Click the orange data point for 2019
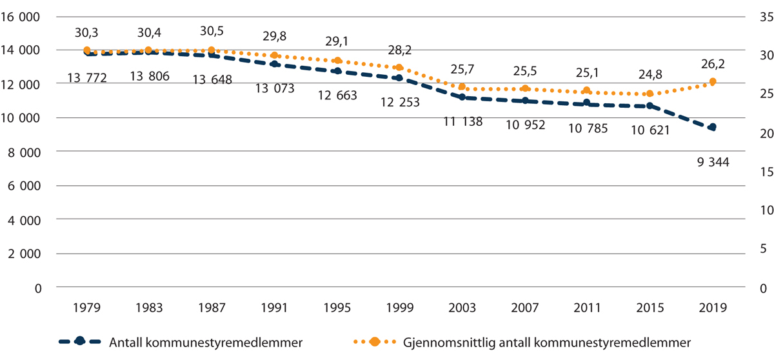click(x=713, y=81)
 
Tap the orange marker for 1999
click(x=399, y=68)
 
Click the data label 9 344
click(x=713, y=163)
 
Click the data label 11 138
click(x=462, y=121)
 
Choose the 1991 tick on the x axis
click(x=274, y=307)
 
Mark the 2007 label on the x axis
click(x=524, y=307)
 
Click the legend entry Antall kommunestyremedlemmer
click(x=198, y=341)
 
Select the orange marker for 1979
click(x=86, y=50)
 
